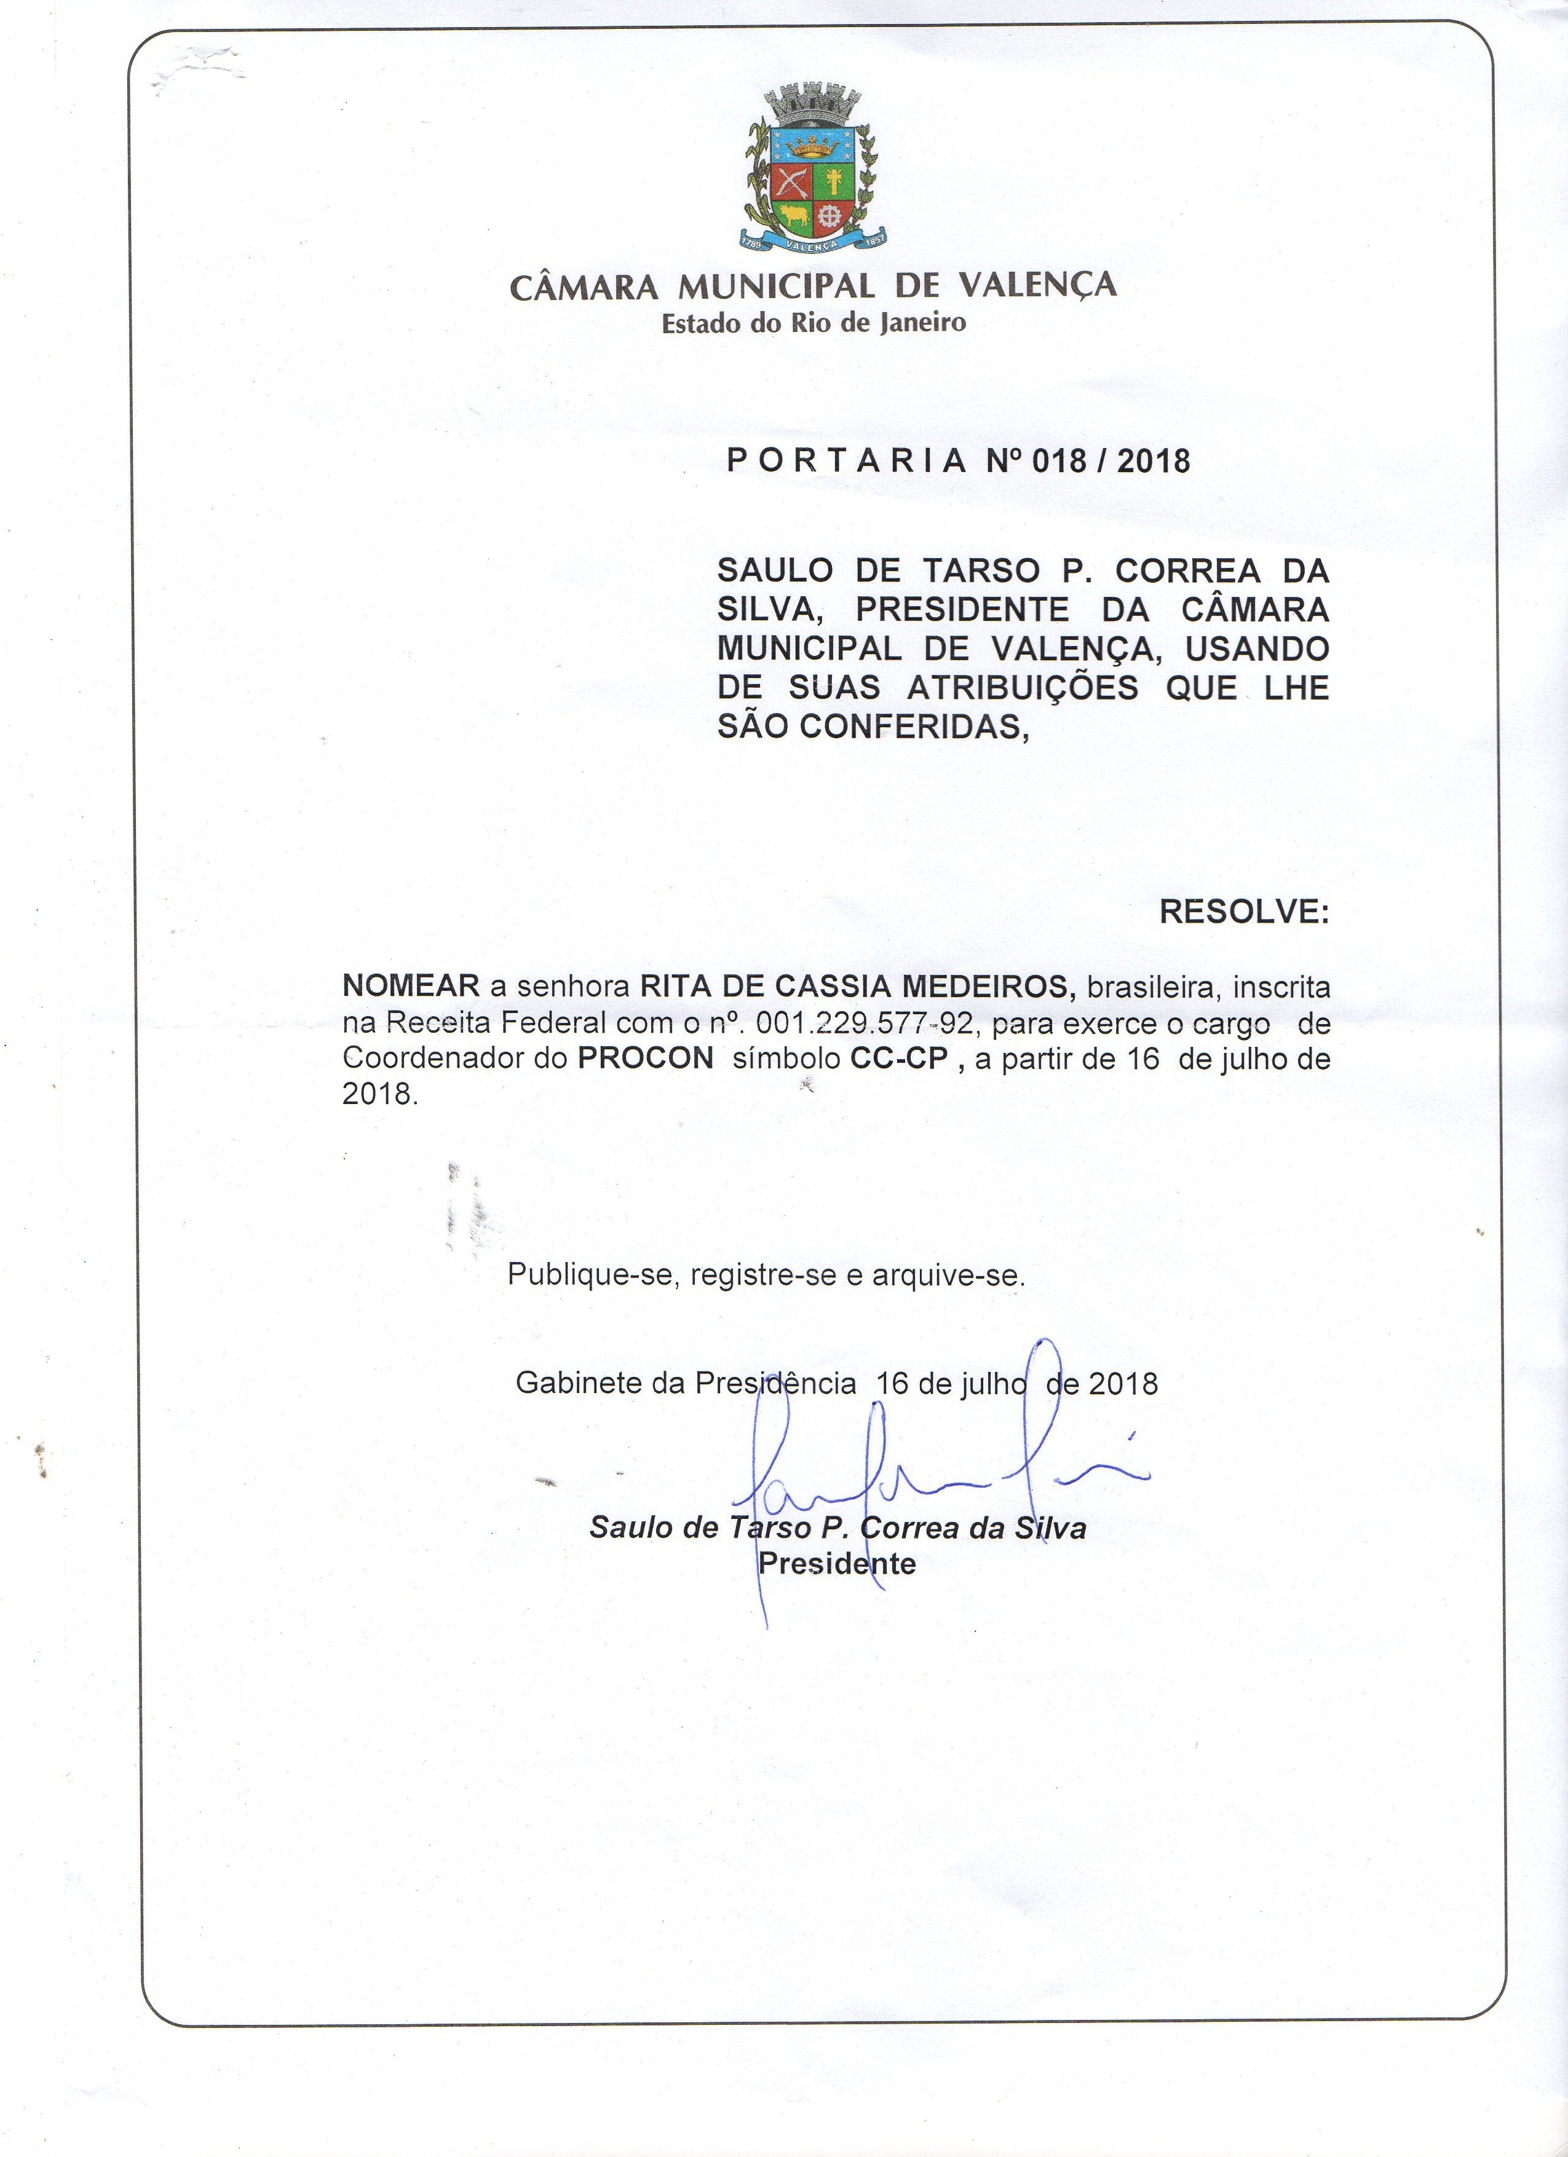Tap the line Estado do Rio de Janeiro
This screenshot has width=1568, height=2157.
pos(814,323)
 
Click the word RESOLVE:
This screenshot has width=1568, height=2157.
pos(1243,912)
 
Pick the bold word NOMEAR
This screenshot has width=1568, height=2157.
pos(411,986)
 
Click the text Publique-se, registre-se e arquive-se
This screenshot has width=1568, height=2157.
pos(766,1274)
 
